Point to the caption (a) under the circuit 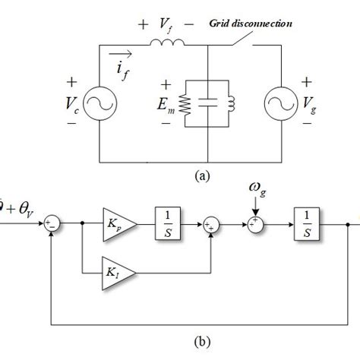tap(202, 175)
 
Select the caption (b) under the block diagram tap(201, 341)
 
